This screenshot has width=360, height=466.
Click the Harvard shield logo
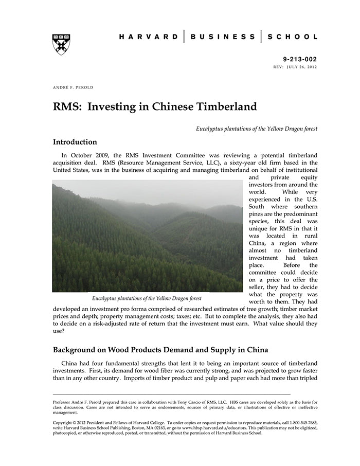pyautogui.click(x=61, y=44)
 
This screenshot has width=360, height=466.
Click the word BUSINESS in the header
pyautogui.click(x=223, y=37)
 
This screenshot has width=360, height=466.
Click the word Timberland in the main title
pyautogui.click(x=225, y=107)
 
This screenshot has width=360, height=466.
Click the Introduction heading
pyautogui.click(x=75, y=142)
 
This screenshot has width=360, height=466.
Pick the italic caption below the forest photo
pyautogui.click(x=147, y=298)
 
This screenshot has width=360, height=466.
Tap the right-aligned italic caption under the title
pyautogui.click(x=256, y=128)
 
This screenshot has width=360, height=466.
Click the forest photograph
pyautogui.click(x=147, y=236)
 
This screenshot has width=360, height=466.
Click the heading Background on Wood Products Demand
pyautogui.click(x=160, y=350)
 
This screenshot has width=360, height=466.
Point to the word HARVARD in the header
pyautogui.click(x=149, y=37)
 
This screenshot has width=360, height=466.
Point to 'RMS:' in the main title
pyautogui.click(x=68, y=107)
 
